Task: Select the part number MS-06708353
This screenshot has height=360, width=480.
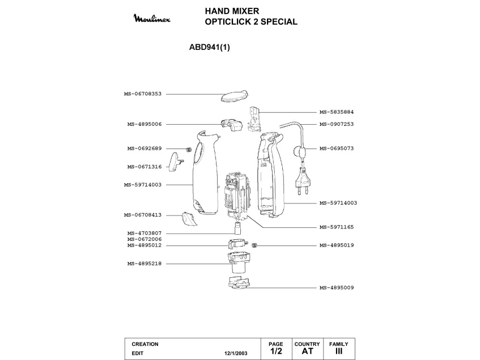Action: click(143, 94)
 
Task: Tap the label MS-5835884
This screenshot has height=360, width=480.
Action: click(336, 112)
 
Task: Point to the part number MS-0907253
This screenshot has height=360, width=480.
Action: click(336, 124)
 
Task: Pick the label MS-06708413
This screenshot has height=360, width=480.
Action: click(143, 215)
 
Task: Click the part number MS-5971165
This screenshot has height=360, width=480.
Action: click(336, 227)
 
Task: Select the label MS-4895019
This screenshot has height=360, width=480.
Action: click(336, 245)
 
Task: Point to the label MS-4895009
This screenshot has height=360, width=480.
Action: click(336, 287)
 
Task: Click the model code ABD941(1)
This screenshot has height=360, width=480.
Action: click(209, 48)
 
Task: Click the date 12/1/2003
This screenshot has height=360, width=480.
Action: click(236, 353)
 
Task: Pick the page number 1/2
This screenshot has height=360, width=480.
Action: click(276, 351)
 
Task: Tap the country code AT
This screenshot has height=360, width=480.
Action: click(307, 351)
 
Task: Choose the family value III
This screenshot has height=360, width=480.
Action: click(339, 351)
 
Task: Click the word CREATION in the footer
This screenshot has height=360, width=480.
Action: click(145, 344)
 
